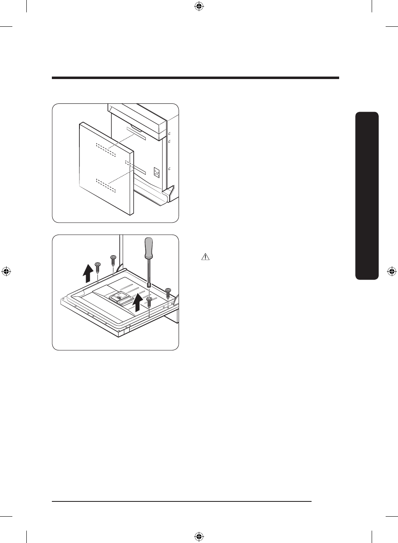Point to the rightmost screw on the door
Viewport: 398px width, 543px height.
168,293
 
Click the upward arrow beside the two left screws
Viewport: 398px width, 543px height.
88,273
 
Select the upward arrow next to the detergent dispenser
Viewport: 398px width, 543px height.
138,303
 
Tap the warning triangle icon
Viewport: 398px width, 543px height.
205,257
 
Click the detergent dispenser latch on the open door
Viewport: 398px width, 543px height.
120,296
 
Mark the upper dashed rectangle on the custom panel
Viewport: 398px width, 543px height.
106,149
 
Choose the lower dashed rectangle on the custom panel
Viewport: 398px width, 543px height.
106,185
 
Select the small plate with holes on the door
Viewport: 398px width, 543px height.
156,172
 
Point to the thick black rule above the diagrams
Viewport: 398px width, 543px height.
196,77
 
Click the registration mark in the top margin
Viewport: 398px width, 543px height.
199,6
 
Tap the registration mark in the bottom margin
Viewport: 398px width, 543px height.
199,536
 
